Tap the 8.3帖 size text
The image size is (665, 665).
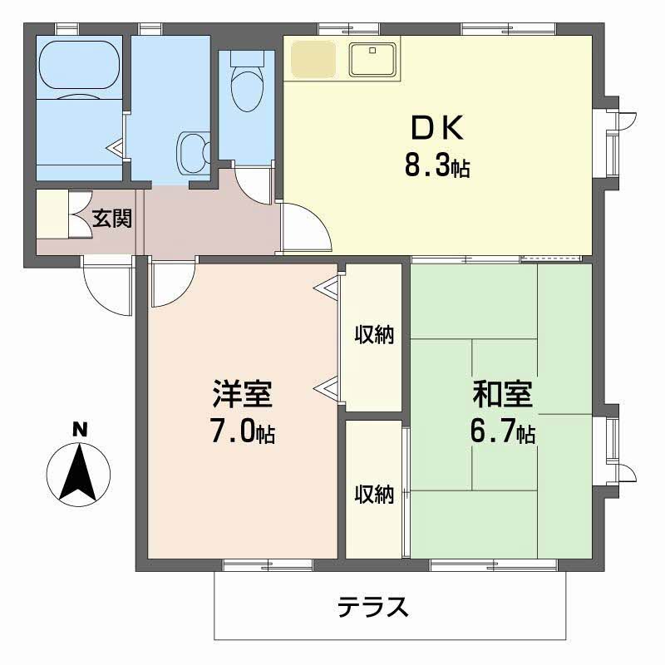pos(437,167)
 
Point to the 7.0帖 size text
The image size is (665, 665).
pos(243,433)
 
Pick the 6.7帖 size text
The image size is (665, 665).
pos(501,433)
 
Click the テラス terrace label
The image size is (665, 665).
pos(373,608)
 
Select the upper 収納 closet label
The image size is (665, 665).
pos(374,335)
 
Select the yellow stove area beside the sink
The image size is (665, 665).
pos(311,57)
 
